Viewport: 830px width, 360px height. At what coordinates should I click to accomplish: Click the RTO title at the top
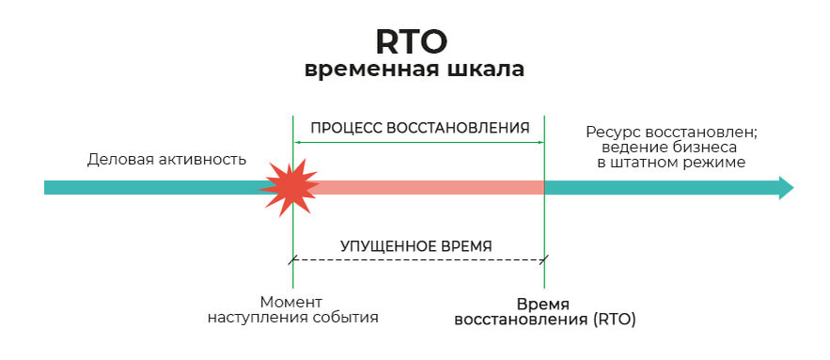point(415,40)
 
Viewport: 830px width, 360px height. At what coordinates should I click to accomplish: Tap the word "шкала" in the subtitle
point(485,70)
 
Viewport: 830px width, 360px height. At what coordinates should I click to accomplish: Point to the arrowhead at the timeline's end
point(783,187)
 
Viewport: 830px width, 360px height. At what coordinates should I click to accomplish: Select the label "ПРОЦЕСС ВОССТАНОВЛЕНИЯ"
point(419,127)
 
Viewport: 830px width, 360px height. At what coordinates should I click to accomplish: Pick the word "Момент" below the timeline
point(291,303)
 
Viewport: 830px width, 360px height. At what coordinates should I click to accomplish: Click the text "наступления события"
point(292,318)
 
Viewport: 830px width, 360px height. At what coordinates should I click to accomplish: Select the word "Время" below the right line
point(543,304)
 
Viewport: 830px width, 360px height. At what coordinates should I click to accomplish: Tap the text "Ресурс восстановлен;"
point(670,133)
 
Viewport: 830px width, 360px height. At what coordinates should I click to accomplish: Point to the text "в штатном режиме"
point(670,163)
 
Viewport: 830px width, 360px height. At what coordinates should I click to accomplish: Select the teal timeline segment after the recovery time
point(658,187)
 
